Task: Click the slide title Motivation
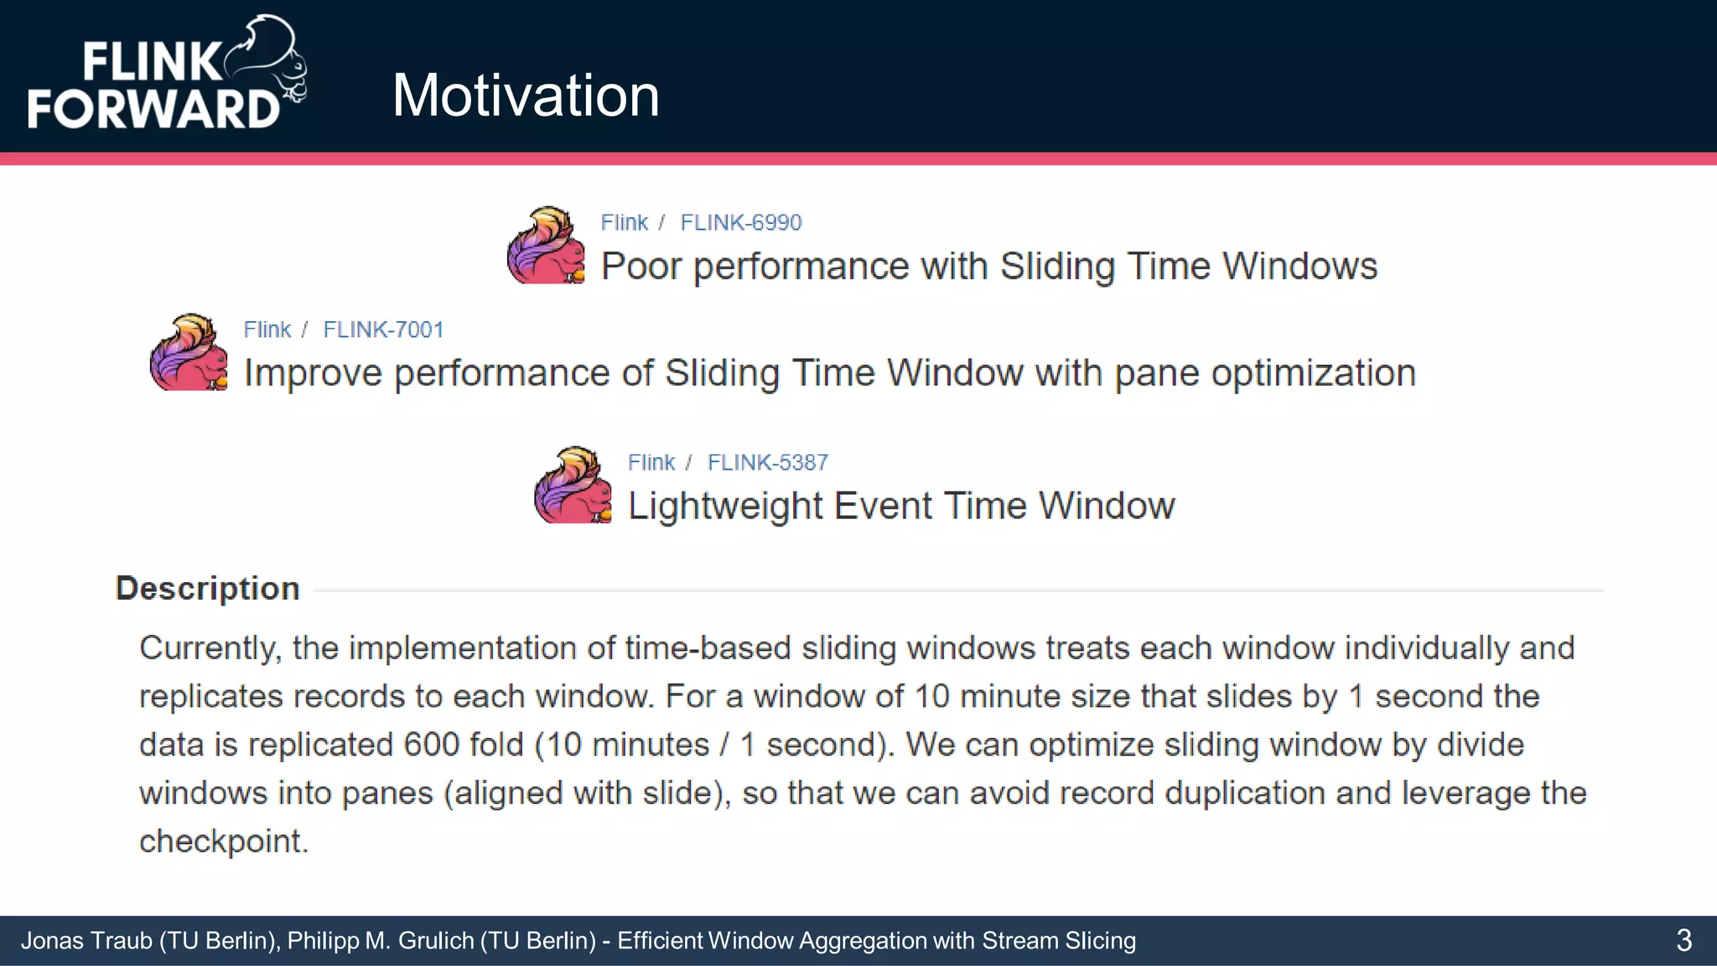click(x=526, y=95)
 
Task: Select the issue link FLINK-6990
click(x=740, y=222)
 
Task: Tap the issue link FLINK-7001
click(x=383, y=330)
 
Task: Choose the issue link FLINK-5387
click(x=767, y=462)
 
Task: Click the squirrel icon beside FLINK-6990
click(x=546, y=246)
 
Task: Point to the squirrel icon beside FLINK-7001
click(x=189, y=353)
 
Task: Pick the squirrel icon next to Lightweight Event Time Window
click(x=573, y=486)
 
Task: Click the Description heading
click(x=207, y=589)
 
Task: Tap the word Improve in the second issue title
click(x=313, y=373)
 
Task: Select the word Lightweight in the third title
click(x=725, y=506)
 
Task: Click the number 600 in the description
click(x=431, y=745)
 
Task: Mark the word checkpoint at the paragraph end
click(x=223, y=841)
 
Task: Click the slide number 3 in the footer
click(x=1683, y=940)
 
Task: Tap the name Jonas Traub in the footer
click(x=86, y=941)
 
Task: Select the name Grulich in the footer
click(x=436, y=941)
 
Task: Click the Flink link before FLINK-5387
click(x=651, y=462)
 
